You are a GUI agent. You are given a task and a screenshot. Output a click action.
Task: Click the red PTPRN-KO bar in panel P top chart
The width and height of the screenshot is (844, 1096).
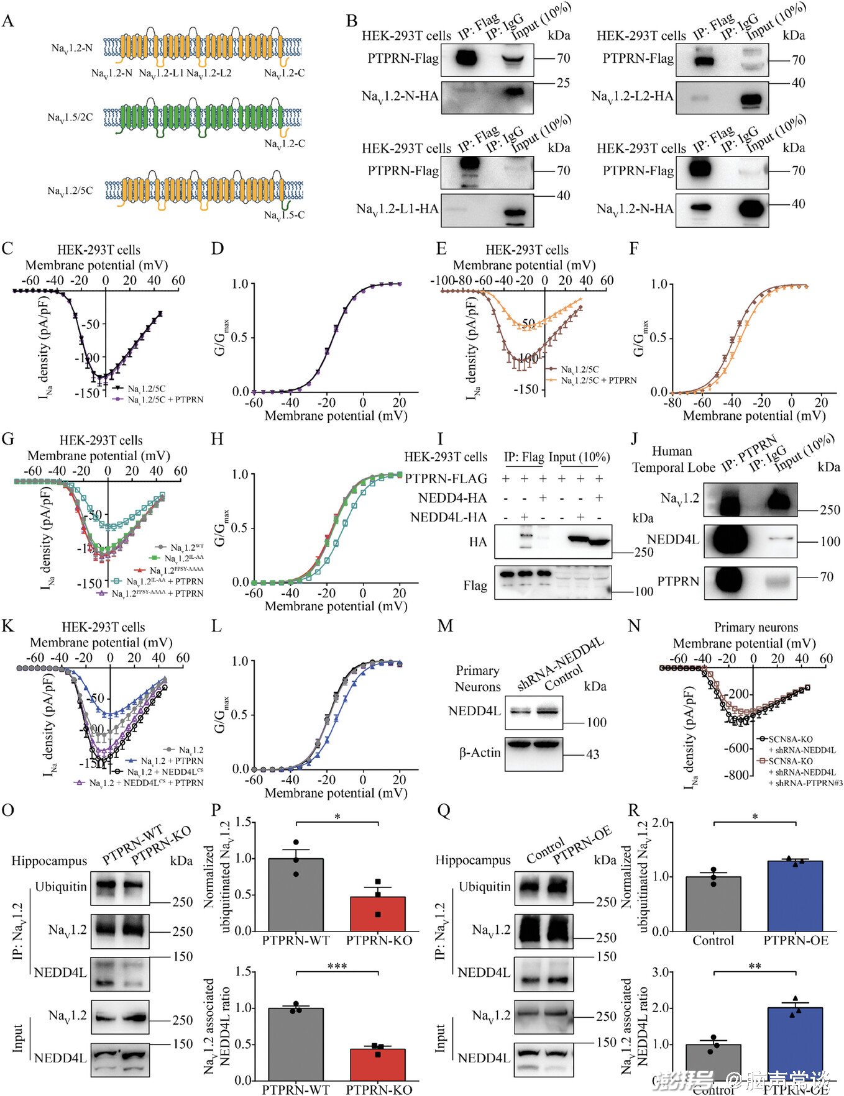[378, 913]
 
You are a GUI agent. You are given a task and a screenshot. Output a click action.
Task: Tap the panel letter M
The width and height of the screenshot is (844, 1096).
[445, 626]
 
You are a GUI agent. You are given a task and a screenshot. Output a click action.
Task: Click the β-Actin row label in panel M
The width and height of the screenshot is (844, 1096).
[480, 753]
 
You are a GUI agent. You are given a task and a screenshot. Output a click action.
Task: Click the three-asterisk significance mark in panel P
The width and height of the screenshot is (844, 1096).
[337, 966]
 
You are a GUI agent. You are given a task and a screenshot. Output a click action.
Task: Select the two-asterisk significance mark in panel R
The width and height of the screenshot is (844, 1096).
[755, 966]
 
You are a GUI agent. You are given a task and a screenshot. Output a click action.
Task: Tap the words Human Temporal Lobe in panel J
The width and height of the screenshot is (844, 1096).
[672, 460]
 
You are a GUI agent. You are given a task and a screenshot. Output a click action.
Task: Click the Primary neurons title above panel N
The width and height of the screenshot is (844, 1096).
[756, 627]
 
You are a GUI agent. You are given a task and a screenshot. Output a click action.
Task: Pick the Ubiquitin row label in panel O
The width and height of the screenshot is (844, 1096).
[61, 887]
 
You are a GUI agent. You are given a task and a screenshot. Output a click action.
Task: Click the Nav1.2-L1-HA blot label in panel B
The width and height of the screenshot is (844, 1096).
[397, 209]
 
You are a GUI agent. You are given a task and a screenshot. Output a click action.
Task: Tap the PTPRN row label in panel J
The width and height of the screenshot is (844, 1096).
[678, 581]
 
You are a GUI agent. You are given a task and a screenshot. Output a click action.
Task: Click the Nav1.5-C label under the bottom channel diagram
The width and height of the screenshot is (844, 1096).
[284, 215]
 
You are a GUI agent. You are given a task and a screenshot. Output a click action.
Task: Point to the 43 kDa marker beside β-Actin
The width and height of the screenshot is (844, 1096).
[592, 754]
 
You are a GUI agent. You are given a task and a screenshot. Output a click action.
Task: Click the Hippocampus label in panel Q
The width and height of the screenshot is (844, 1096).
[472, 860]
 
